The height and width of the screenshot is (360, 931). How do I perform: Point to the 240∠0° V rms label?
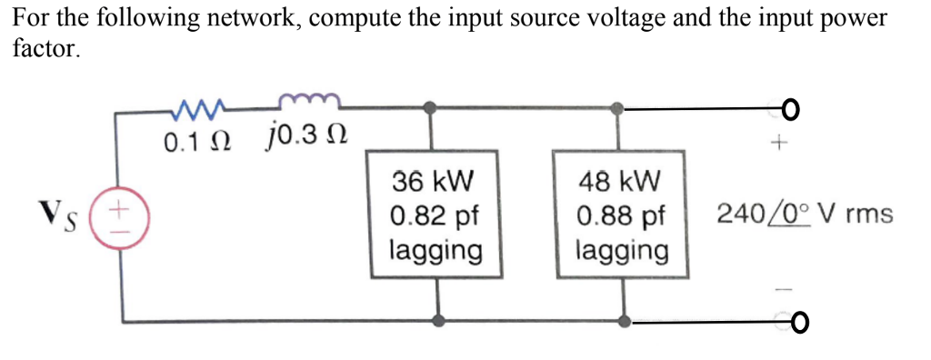point(804,215)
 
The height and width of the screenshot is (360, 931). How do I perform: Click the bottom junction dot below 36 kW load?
point(439,321)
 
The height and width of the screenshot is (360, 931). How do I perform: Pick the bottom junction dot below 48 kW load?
point(625,321)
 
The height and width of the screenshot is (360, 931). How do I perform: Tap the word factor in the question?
point(45,48)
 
